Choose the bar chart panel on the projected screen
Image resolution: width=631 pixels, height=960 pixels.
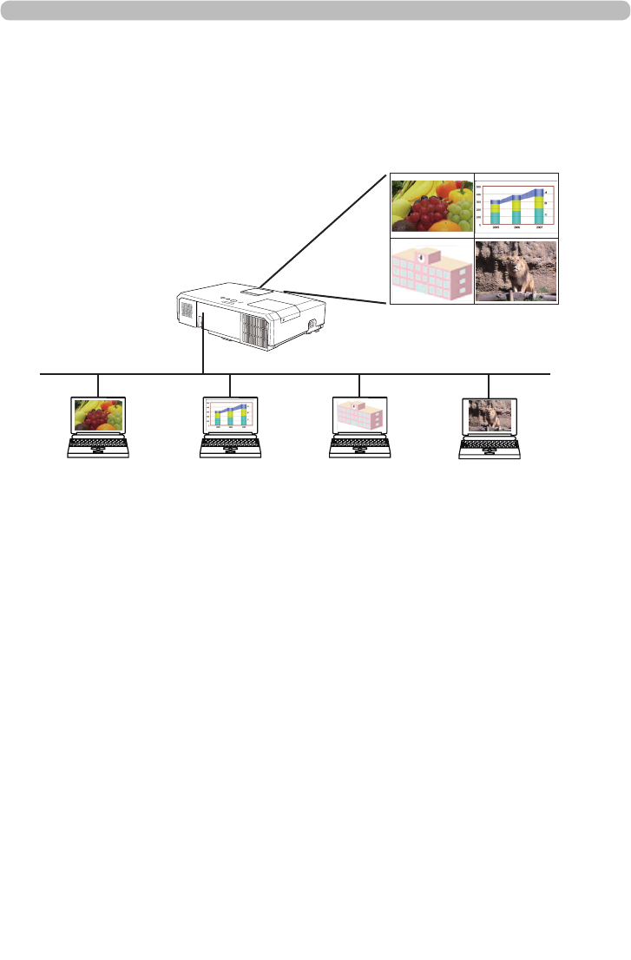pyautogui.click(x=516, y=205)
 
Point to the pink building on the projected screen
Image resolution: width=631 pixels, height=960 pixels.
pyautogui.click(x=431, y=271)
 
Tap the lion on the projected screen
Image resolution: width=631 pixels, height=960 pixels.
pyautogui.click(x=519, y=274)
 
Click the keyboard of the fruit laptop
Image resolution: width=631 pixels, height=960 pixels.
pyautogui.click(x=98, y=444)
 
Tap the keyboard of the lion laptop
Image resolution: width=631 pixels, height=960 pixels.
pyautogui.click(x=490, y=444)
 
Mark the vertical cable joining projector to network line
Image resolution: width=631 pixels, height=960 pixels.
pyautogui.click(x=202, y=347)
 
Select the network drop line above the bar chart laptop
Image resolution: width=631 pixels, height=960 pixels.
pyautogui.click(x=229, y=384)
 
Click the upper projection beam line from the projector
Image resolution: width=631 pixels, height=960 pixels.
pyautogui.click(x=330, y=229)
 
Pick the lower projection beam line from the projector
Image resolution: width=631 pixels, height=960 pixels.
pyautogui.click(x=339, y=297)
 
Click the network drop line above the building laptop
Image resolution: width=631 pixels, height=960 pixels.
pyautogui.click(x=359, y=384)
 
